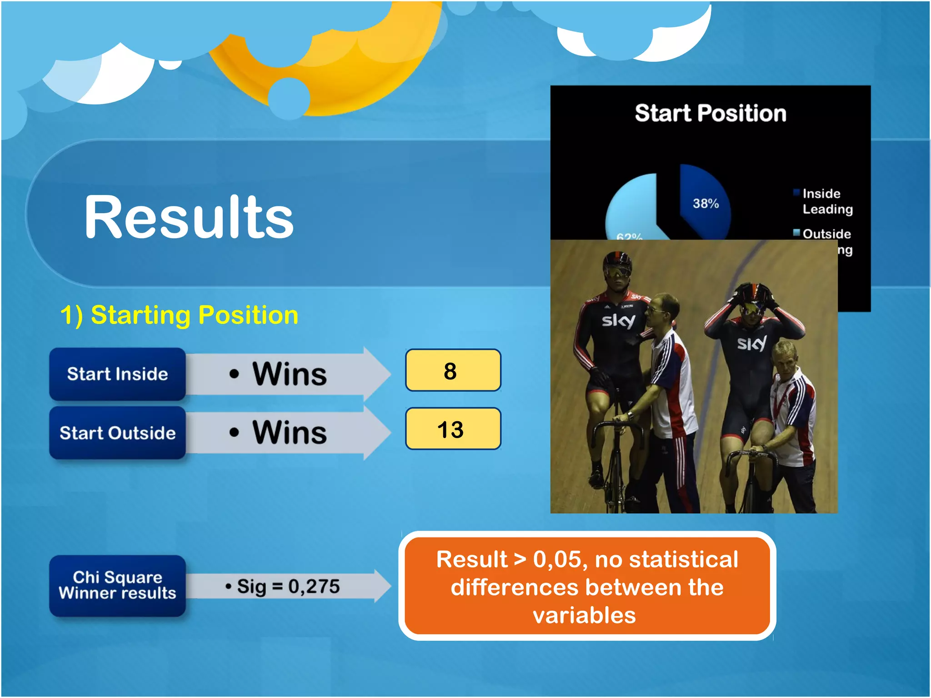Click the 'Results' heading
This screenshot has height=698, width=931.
(189, 217)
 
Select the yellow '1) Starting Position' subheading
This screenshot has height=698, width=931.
(179, 315)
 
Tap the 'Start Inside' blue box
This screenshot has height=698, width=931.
(117, 374)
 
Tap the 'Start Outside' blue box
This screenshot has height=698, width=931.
(117, 433)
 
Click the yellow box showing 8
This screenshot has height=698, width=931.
(453, 370)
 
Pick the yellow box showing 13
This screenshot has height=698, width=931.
(453, 429)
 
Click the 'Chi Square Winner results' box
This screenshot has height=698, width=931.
(117, 585)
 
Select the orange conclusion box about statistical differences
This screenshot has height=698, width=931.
(587, 586)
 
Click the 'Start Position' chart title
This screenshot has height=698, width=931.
(710, 113)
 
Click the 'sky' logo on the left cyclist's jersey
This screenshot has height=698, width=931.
(618, 320)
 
